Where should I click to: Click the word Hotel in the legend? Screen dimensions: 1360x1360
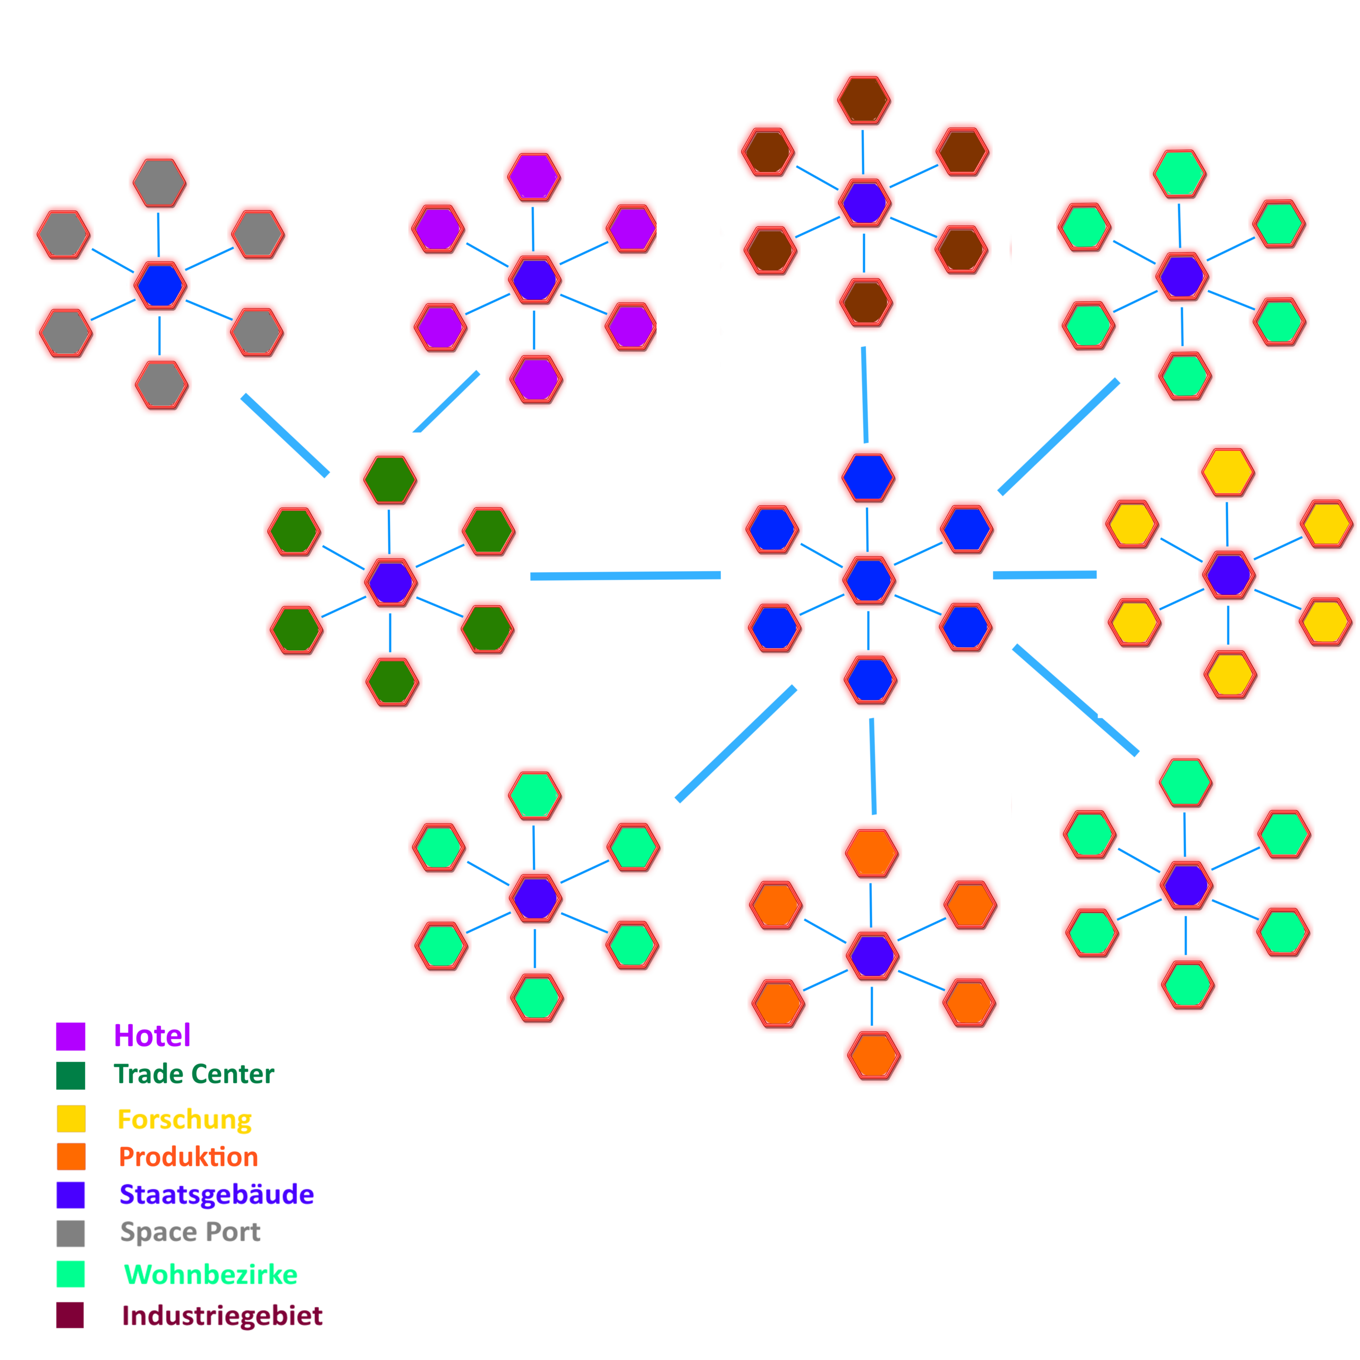coord(152,1035)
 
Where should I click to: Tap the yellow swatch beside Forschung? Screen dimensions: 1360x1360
coord(71,1119)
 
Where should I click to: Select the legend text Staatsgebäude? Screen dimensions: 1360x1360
coord(217,1195)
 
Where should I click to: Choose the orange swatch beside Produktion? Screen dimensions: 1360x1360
coord(71,1157)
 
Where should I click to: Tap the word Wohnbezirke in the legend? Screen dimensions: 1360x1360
coord(210,1275)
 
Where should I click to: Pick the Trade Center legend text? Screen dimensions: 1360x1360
coord(193,1074)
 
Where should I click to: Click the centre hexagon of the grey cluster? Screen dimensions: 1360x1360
coord(160,285)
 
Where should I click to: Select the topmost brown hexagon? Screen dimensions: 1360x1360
coord(864,99)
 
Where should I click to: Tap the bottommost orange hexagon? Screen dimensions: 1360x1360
coord(873,1055)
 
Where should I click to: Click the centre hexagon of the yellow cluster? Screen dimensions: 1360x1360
coord(1228,574)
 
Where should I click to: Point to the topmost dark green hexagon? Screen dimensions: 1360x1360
coord(390,479)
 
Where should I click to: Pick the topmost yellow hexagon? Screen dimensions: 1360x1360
coord(1228,472)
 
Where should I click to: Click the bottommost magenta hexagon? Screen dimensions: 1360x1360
coord(535,379)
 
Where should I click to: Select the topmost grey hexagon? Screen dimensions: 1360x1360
coord(159,182)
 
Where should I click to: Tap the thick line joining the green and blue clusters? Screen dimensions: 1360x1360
coord(625,576)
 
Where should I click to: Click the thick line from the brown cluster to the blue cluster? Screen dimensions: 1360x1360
coord(864,394)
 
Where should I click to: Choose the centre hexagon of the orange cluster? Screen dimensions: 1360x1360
coord(872,955)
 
